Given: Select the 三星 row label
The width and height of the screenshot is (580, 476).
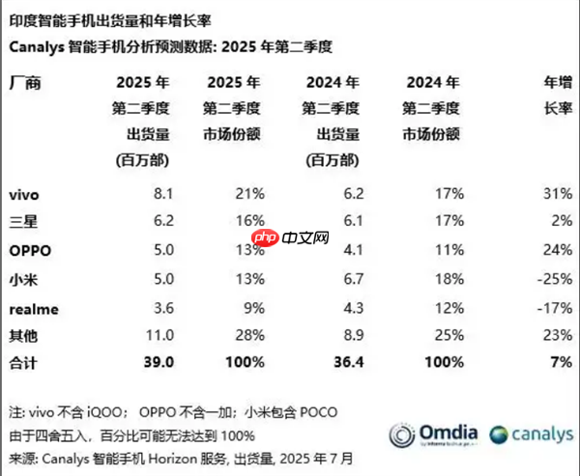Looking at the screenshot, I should [x=23, y=220].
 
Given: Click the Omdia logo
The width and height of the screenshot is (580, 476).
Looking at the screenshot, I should [x=444, y=434].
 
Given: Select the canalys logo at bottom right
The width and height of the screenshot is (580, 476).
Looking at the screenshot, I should [x=528, y=434].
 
